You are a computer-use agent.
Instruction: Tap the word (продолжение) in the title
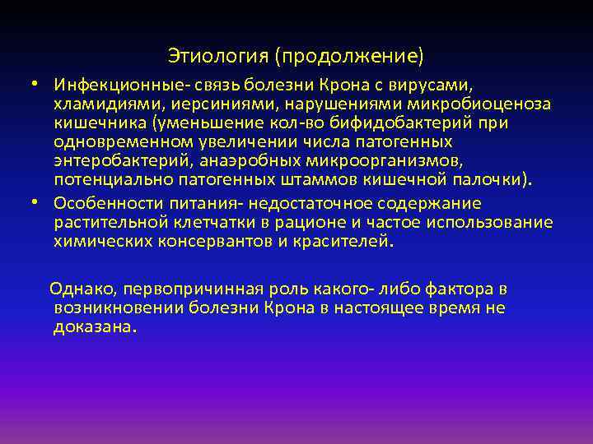pyautogui.click(x=350, y=56)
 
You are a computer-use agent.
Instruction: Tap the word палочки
pyautogui.click(x=487, y=180)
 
